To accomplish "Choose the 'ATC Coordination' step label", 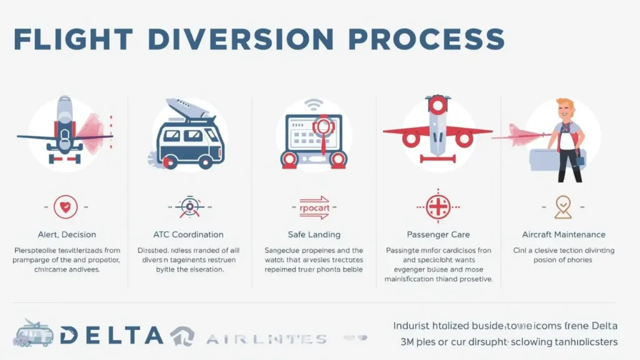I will [x=188, y=234].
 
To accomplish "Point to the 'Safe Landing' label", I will [x=314, y=234].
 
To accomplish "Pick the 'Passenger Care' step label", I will [x=438, y=234].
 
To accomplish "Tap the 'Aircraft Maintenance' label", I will [x=564, y=234].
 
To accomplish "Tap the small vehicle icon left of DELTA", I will [x=33, y=333].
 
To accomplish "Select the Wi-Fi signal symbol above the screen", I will [x=314, y=103].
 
